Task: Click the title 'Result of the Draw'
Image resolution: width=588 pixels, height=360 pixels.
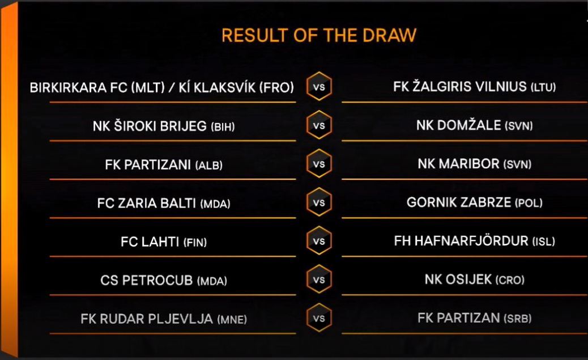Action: point(319,35)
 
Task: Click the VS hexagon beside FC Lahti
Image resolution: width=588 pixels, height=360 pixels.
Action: point(319,240)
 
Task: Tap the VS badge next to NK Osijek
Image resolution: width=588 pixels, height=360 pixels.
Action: point(319,279)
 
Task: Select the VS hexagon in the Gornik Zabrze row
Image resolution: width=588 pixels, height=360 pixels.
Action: point(319,202)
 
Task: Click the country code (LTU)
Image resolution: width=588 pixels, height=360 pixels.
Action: point(543,87)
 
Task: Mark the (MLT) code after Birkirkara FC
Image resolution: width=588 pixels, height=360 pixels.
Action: point(148,87)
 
